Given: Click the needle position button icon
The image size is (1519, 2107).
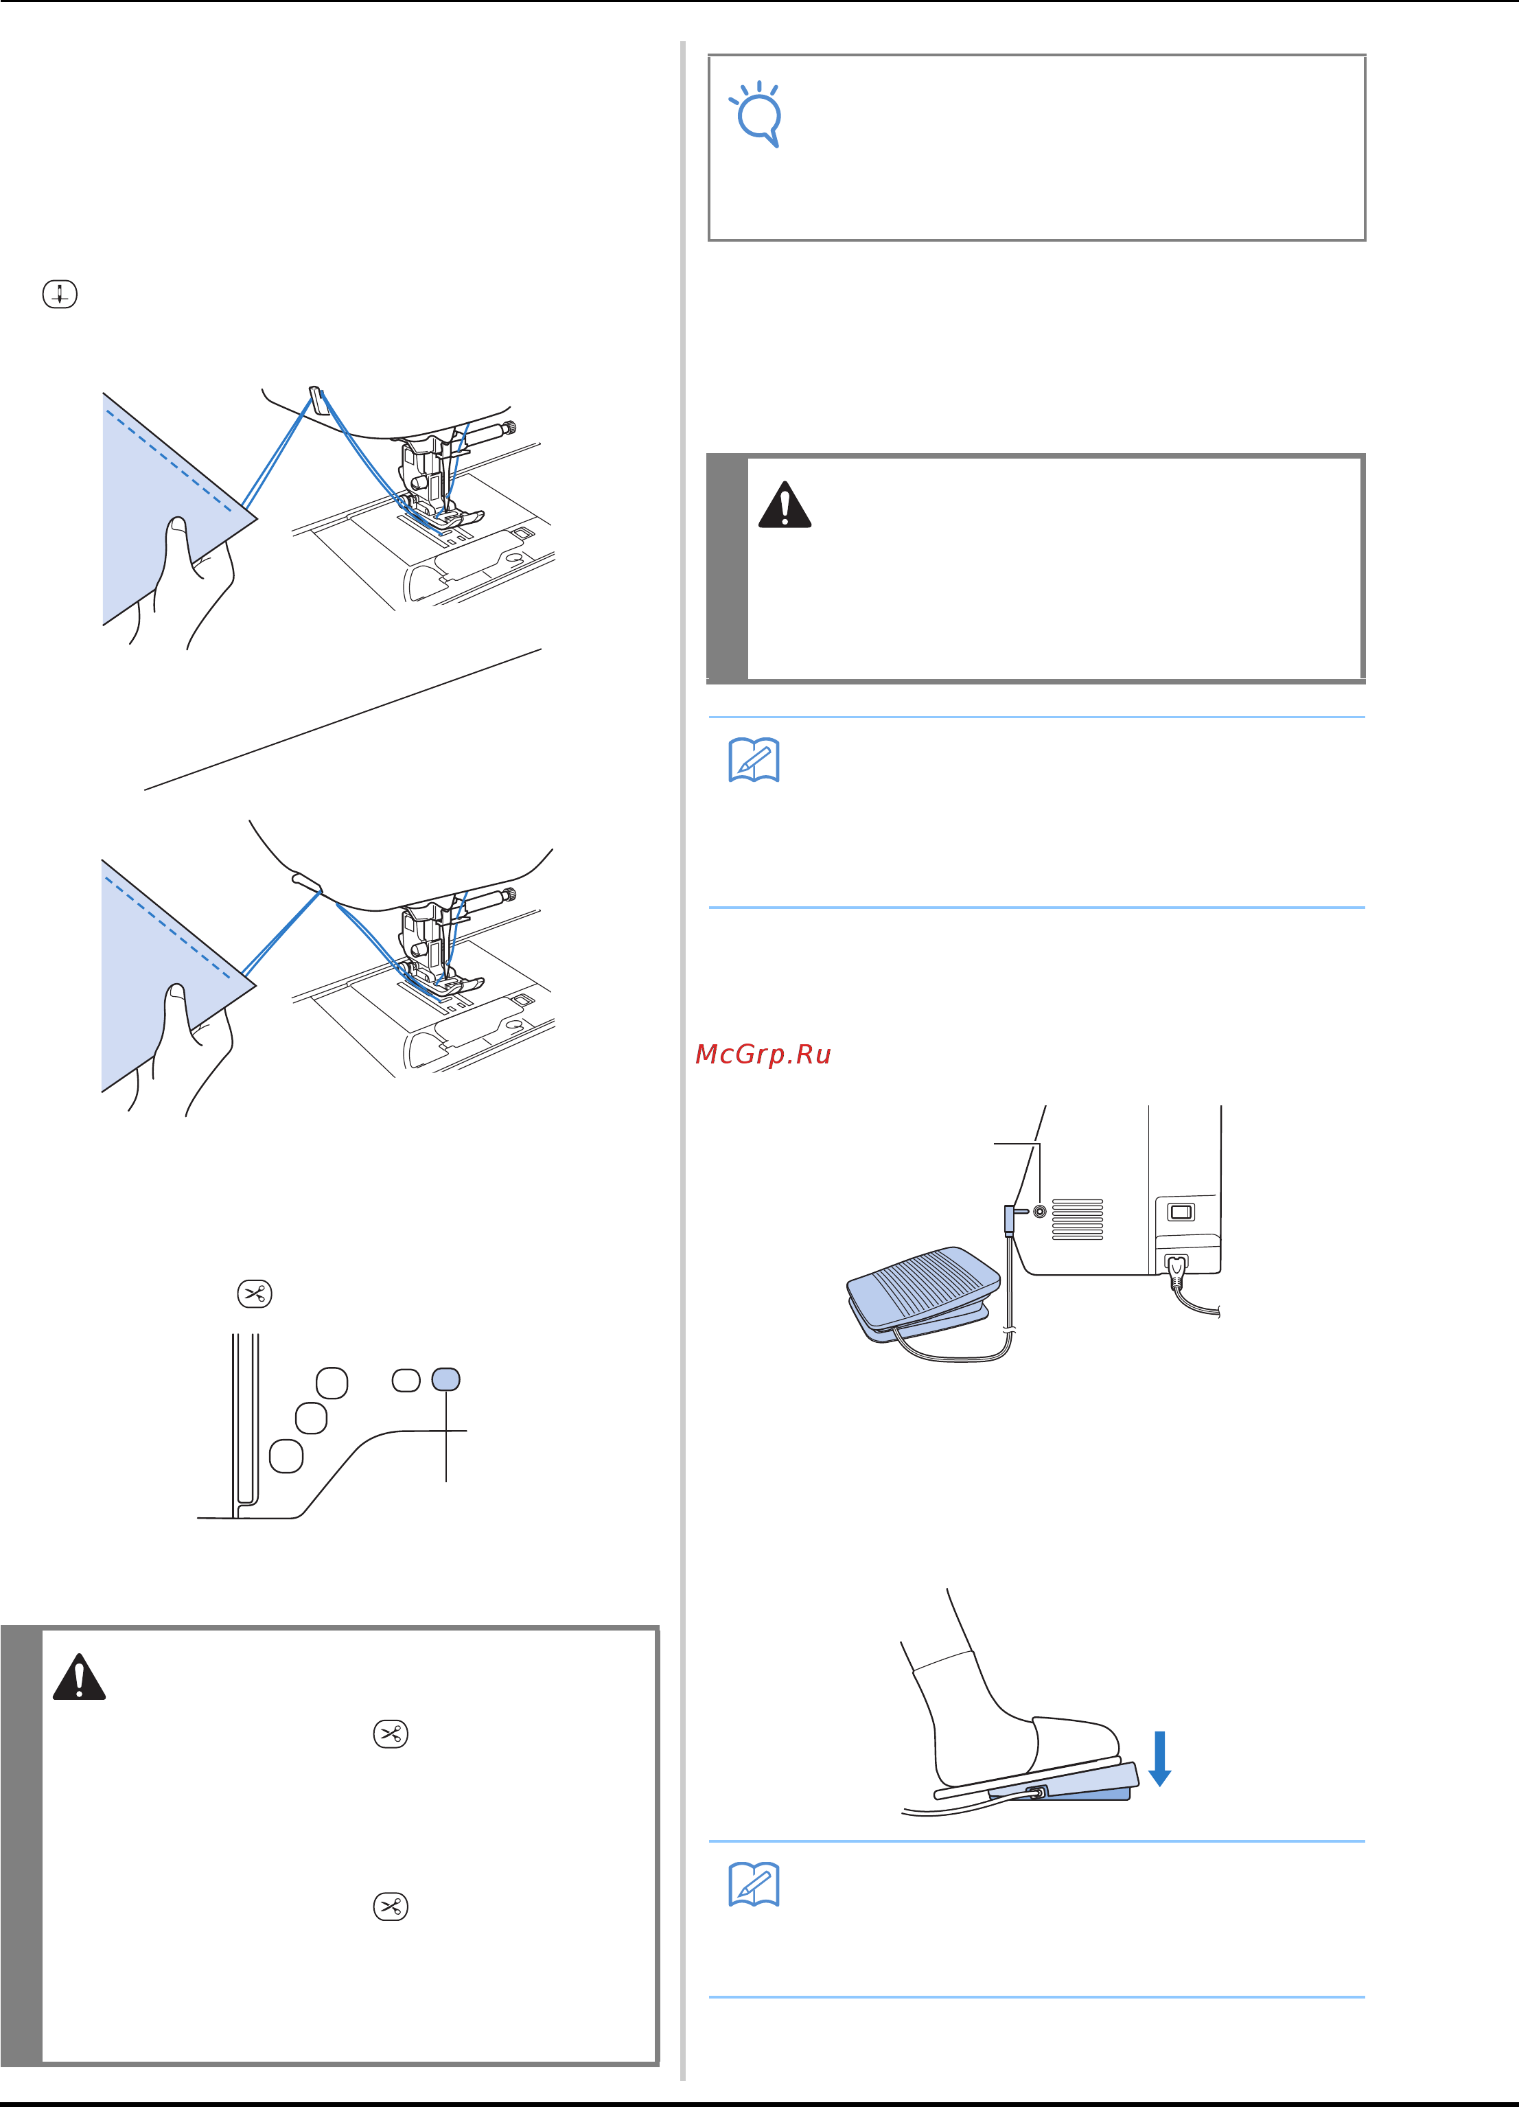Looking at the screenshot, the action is point(60,295).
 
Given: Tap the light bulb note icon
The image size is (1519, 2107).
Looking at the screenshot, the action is point(757,114).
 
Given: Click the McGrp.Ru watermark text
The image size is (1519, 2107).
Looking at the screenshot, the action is point(763,1055).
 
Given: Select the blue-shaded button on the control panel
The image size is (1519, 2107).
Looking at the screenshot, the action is point(446,1379).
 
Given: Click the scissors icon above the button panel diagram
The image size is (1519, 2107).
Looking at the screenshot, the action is point(255,1294).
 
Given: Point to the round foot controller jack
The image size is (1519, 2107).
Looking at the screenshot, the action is point(1040,1212).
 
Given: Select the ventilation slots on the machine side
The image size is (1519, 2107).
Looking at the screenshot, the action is point(1078,1219).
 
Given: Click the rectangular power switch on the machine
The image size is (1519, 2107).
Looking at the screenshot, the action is point(1181,1212).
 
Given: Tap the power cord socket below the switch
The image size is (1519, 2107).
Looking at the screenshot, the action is point(1176,1265).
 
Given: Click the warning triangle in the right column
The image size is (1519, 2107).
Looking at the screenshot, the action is point(785,505).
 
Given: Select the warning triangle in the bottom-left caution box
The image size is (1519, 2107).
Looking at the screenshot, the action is point(79,1677).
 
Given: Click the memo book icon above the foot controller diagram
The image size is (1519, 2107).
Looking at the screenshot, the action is point(754,760).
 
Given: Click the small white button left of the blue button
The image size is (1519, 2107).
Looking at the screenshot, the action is point(406,1379).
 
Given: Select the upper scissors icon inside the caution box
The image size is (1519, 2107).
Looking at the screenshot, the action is point(390,1734).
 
